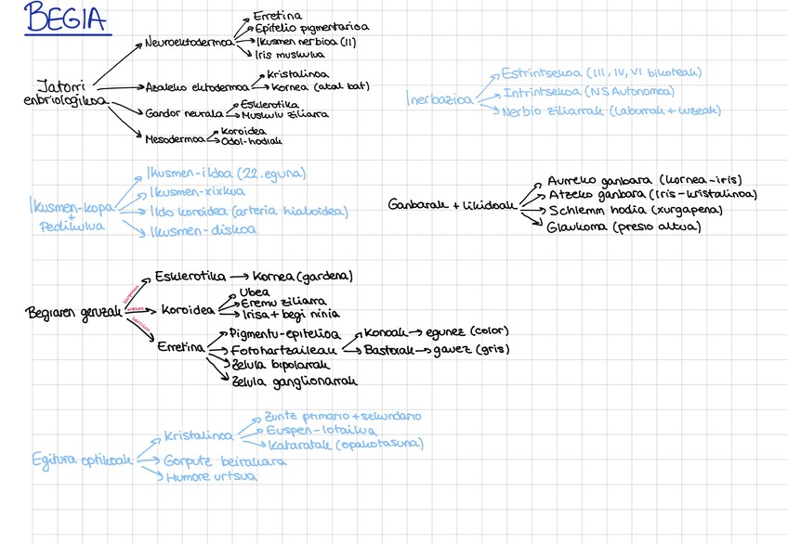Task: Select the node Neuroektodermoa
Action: click(x=189, y=43)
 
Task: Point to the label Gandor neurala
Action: click(x=177, y=113)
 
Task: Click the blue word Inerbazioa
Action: click(x=439, y=98)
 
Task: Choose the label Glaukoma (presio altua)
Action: click(x=623, y=227)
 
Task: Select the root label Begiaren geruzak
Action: click(x=72, y=313)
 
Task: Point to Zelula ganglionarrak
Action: click(x=295, y=382)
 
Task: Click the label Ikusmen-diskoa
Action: click(x=203, y=231)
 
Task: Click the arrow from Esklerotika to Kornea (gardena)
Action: click(x=238, y=277)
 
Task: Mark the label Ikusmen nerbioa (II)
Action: click(x=306, y=42)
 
